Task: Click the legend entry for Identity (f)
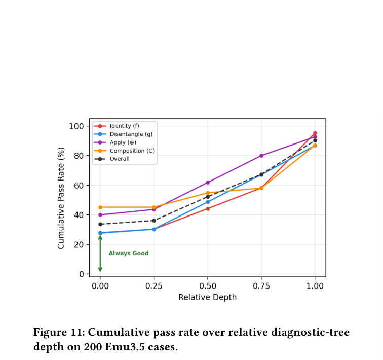point(117,126)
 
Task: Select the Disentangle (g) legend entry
point(123,134)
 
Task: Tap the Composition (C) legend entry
point(124,151)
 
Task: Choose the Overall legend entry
point(112,159)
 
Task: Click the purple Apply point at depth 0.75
point(261,156)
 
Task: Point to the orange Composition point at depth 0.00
point(100,207)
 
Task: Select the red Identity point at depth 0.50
point(208,209)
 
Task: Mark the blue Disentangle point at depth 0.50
point(208,202)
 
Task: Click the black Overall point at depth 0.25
point(154,221)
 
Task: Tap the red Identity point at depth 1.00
point(315,133)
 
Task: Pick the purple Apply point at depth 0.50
point(208,183)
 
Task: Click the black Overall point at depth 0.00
point(100,224)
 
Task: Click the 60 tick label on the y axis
point(79,186)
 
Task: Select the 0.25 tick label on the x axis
point(154,286)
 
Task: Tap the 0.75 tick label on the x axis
point(261,286)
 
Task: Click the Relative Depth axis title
point(208,297)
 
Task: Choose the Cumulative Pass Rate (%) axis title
point(61,198)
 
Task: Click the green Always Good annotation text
point(129,253)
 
